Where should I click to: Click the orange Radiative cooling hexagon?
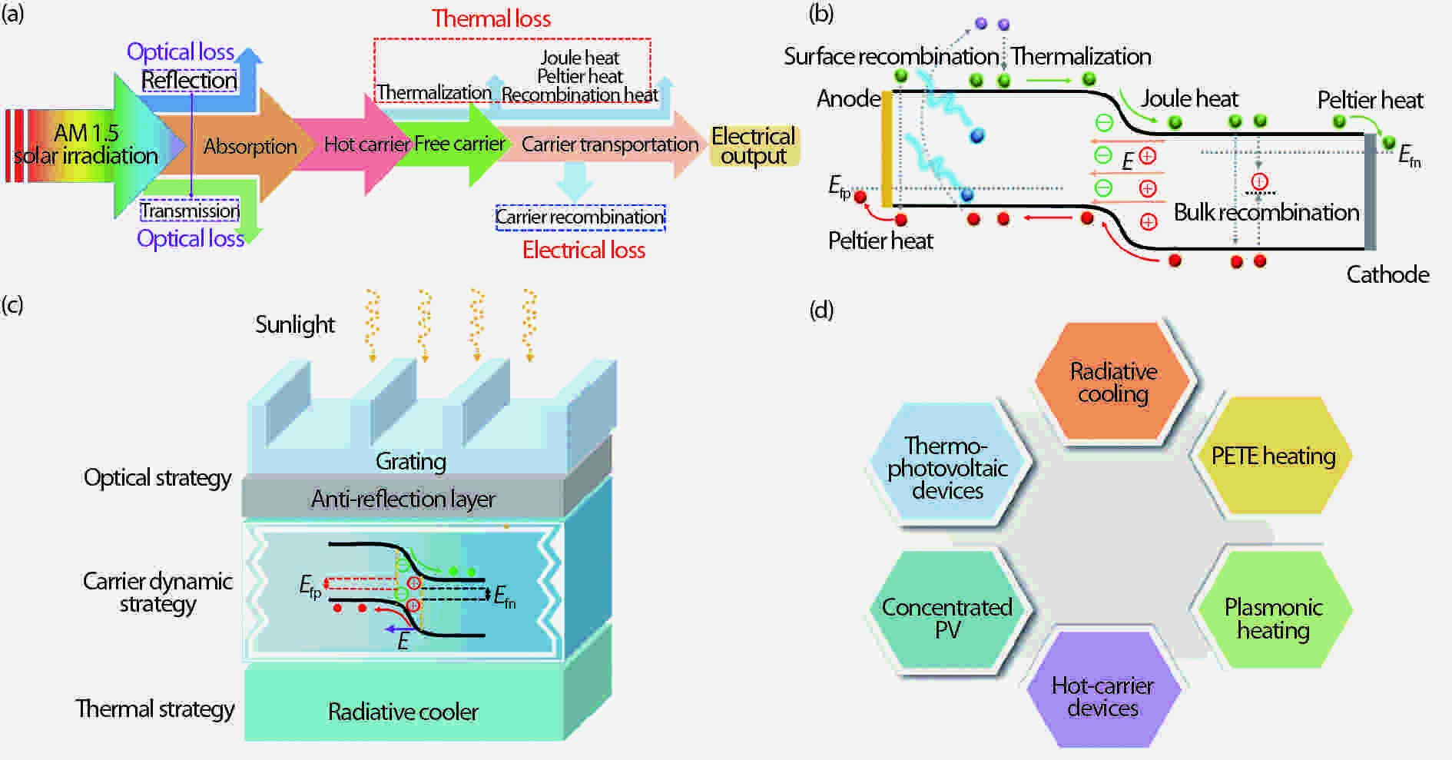click(x=1112, y=382)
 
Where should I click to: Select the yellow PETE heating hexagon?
click(x=1273, y=456)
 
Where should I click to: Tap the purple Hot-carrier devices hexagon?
click(x=1102, y=696)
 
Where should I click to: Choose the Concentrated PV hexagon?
click(x=946, y=618)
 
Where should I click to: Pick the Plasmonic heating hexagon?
click(x=1273, y=618)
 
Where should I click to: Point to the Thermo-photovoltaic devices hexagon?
click(x=946, y=467)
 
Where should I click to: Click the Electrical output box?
click(x=753, y=146)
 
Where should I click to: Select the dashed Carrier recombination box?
click(x=580, y=217)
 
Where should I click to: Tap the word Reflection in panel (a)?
click(x=189, y=80)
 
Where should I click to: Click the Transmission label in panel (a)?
click(x=190, y=211)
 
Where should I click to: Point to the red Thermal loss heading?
click(x=491, y=18)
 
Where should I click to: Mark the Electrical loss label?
click(x=583, y=250)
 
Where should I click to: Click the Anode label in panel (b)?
click(x=848, y=98)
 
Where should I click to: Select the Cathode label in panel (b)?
click(x=1387, y=274)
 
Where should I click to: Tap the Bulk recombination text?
click(x=1266, y=212)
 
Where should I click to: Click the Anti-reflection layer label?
click(x=403, y=499)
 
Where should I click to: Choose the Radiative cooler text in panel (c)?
click(x=403, y=712)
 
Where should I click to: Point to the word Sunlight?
click(x=295, y=324)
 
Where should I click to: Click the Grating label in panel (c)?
click(x=410, y=461)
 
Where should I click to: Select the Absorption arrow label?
click(x=250, y=146)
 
